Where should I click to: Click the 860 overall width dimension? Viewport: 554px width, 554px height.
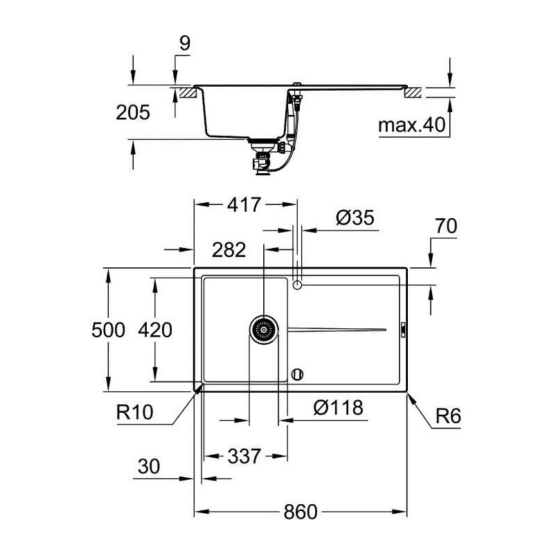[301, 512]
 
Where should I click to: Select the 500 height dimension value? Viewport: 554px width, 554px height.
[108, 330]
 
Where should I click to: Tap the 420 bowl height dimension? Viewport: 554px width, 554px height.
[155, 330]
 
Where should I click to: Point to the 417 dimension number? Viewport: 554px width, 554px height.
[244, 204]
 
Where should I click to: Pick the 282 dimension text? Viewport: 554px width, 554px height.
[229, 250]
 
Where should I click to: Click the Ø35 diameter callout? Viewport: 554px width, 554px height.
[355, 217]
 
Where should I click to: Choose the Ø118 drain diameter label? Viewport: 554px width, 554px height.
[338, 407]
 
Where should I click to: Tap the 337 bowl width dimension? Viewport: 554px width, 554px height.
[244, 456]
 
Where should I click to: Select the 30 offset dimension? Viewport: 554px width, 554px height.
[149, 466]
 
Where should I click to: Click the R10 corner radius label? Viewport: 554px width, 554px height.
[134, 412]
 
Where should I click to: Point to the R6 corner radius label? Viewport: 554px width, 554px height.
[448, 416]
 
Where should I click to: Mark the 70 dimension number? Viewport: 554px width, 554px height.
[446, 226]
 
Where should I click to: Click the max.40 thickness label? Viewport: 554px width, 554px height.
[411, 125]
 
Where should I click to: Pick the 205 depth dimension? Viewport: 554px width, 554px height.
[133, 112]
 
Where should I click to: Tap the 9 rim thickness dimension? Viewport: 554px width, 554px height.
[185, 43]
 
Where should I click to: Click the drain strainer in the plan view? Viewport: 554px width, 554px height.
[264, 330]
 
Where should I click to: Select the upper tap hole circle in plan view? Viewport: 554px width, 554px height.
[298, 285]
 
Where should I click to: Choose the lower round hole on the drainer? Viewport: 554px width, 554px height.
[297, 375]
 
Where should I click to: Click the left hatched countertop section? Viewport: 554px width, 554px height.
[188, 93]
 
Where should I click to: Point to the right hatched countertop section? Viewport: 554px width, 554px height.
[413, 93]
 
